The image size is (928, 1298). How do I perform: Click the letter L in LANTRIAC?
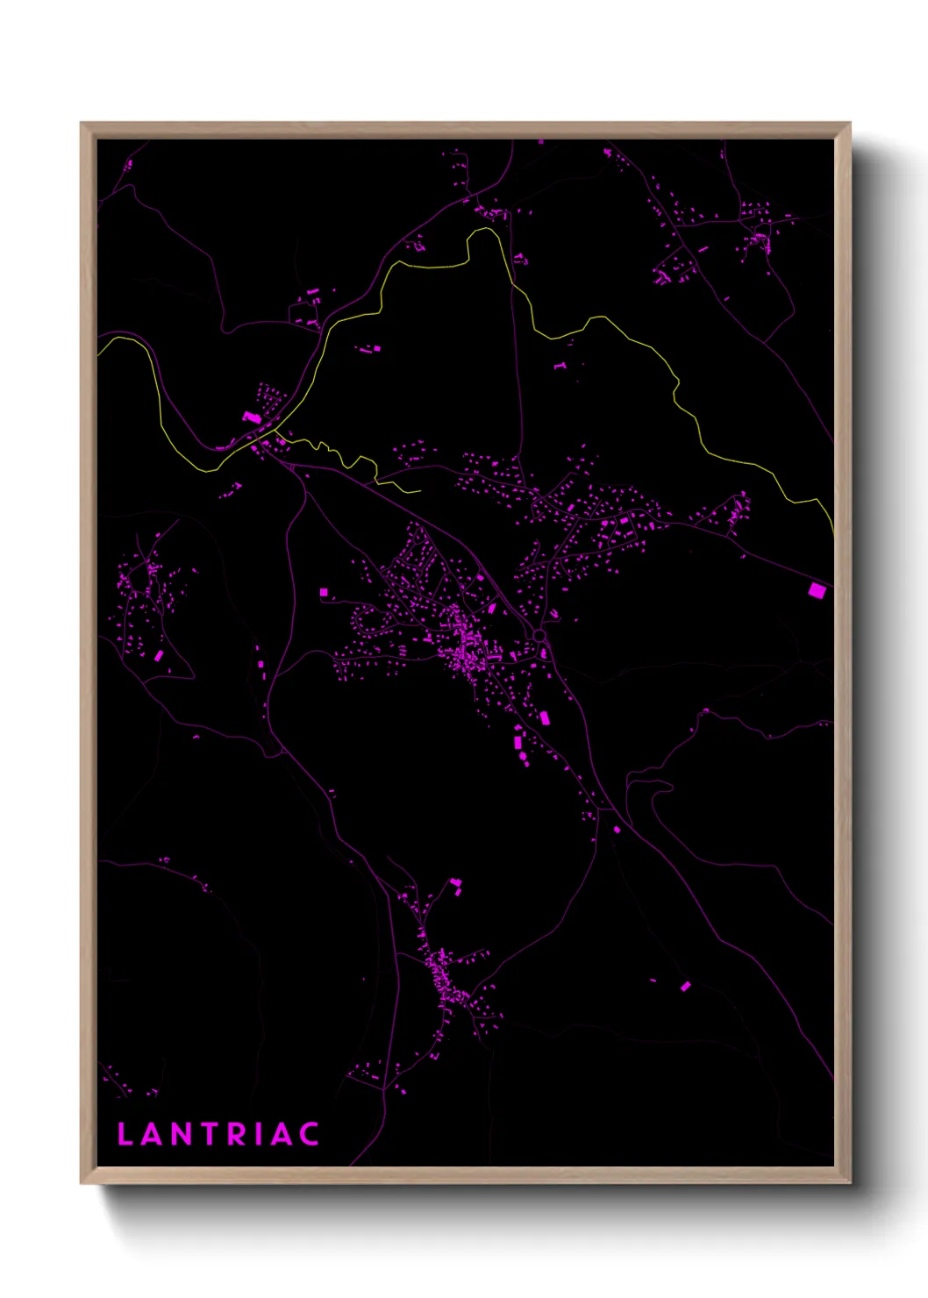pyautogui.click(x=125, y=1134)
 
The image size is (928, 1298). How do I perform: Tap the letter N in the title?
pyautogui.click(x=182, y=1134)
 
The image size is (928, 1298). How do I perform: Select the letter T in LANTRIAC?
pyautogui.click(x=211, y=1134)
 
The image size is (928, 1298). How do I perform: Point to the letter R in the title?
pyautogui.click(x=239, y=1134)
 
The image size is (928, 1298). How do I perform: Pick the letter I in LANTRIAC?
pyautogui.click(x=260, y=1134)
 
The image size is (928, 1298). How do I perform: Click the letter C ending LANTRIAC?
pyautogui.click(x=308, y=1134)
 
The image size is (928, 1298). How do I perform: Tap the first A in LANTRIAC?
pyautogui.click(x=152, y=1134)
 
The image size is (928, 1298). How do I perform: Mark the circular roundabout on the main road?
pyautogui.click(x=539, y=635)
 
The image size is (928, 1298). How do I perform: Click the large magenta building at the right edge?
pyautogui.click(x=817, y=590)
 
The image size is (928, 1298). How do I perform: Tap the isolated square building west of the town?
pyautogui.click(x=324, y=593)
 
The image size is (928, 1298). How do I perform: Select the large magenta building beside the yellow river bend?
pyautogui.click(x=251, y=417)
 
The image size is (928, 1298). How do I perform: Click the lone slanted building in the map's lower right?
pyautogui.click(x=686, y=987)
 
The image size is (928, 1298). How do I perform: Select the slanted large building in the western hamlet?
pyautogui.click(x=159, y=655)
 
